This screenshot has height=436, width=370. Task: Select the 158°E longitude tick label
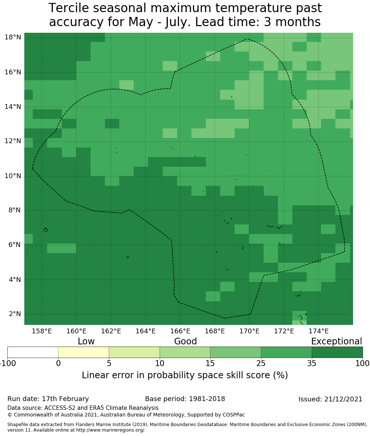coord(42,331)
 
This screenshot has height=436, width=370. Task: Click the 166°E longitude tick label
coord(180,331)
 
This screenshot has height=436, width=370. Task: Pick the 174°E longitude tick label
coord(318,331)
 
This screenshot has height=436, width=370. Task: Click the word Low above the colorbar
coord(86,341)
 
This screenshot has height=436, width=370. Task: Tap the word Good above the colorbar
coord(186,341)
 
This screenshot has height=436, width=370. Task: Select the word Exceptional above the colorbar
coord(336,341)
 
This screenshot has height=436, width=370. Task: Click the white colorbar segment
coord(33,352)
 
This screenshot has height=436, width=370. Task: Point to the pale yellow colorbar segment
coord(84,352)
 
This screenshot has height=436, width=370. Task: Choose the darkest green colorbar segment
coord(337,352)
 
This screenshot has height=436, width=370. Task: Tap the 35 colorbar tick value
coord(312,364)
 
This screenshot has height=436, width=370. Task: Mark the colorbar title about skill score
coord(185,375)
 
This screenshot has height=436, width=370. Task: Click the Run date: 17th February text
coord(48,399)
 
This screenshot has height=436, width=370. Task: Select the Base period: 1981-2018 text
coord(185,399)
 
